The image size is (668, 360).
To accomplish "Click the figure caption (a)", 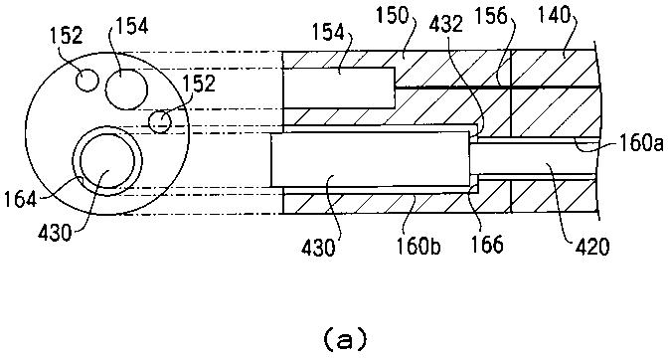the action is (x=345, y=339).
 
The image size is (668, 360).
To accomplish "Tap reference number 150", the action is (x=392, y=15).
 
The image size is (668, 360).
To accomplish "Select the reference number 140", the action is (x=553, y=15).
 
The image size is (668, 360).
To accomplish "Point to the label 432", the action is (x=445, y=25).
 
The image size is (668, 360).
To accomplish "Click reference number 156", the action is (x=491, y=16).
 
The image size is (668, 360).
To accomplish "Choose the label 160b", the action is (x=418, y=246).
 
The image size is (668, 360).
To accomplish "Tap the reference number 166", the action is (x=486, y=244).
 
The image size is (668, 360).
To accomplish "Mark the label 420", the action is (x=592, y=247).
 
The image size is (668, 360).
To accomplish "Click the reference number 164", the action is (x=21, y=199).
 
